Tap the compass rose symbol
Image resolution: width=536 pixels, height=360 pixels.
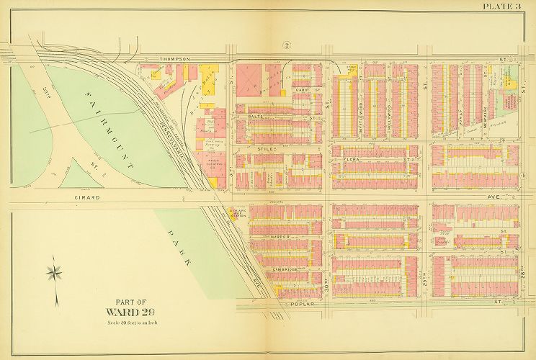[54, 274]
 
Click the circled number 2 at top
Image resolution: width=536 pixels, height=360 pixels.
[287, 45]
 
